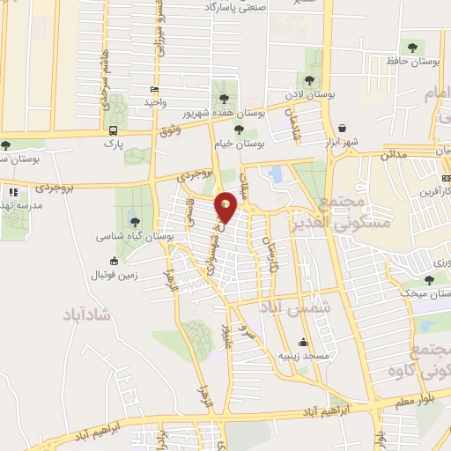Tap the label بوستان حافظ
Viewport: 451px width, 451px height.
tap(410, 62)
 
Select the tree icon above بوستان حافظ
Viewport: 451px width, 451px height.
tap(410, 46)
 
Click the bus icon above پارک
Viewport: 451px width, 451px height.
tap(112, 130)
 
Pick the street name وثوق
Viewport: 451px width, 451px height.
tap(170, 131)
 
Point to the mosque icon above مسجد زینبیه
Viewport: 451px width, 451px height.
tap(304, 343)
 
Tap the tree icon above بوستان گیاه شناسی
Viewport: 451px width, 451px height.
tap(134, 220)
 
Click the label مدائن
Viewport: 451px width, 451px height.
tap(394, 155)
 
